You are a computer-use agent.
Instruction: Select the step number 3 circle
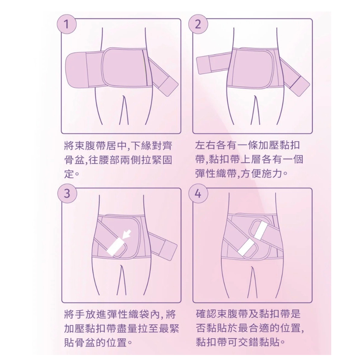click(67, 193)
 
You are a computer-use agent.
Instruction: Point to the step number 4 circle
click(198, 193)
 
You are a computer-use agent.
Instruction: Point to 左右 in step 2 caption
click(204, 146)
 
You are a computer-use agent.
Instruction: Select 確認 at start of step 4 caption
click(204, 314)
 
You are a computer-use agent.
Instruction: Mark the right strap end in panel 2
click(299, 85)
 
